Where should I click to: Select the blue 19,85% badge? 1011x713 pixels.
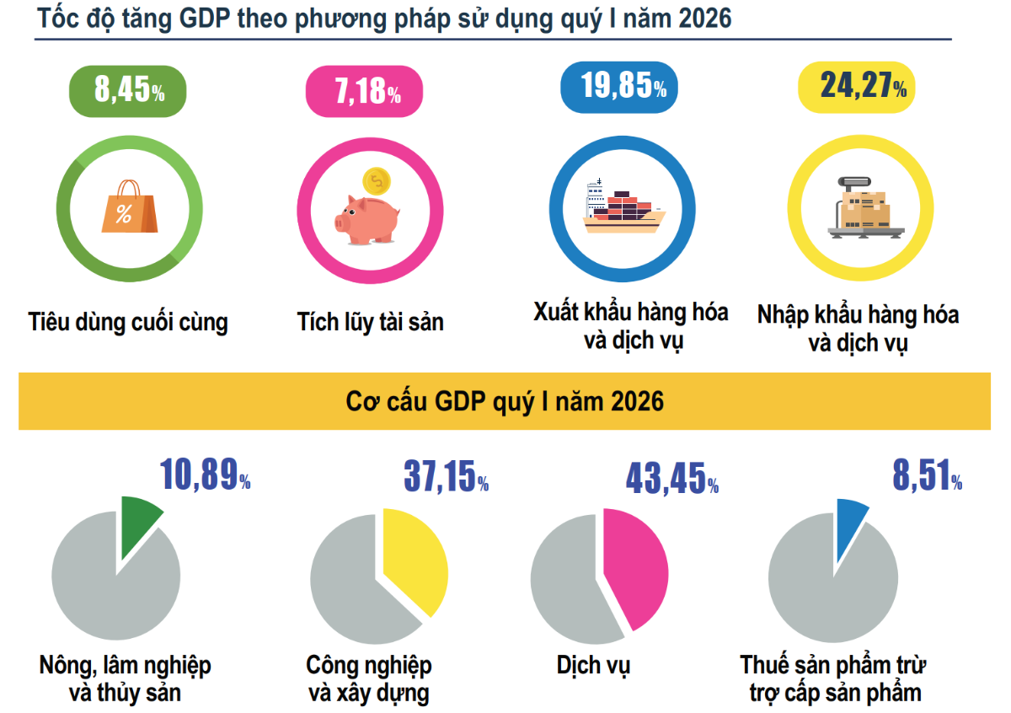(x=618, y=87)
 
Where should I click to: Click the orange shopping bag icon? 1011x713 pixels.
(x=128, y=206)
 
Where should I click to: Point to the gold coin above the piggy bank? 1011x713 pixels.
(x=376, y=180)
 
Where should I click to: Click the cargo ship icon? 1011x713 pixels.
(x=623, y=206)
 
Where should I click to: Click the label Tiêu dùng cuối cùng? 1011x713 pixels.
(x=128, y=322)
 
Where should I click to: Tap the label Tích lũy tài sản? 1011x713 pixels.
(x=370, y=322)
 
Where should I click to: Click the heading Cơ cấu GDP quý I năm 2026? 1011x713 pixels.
(x=505, y=401)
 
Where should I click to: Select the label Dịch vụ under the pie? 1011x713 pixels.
(x=593, y=665)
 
